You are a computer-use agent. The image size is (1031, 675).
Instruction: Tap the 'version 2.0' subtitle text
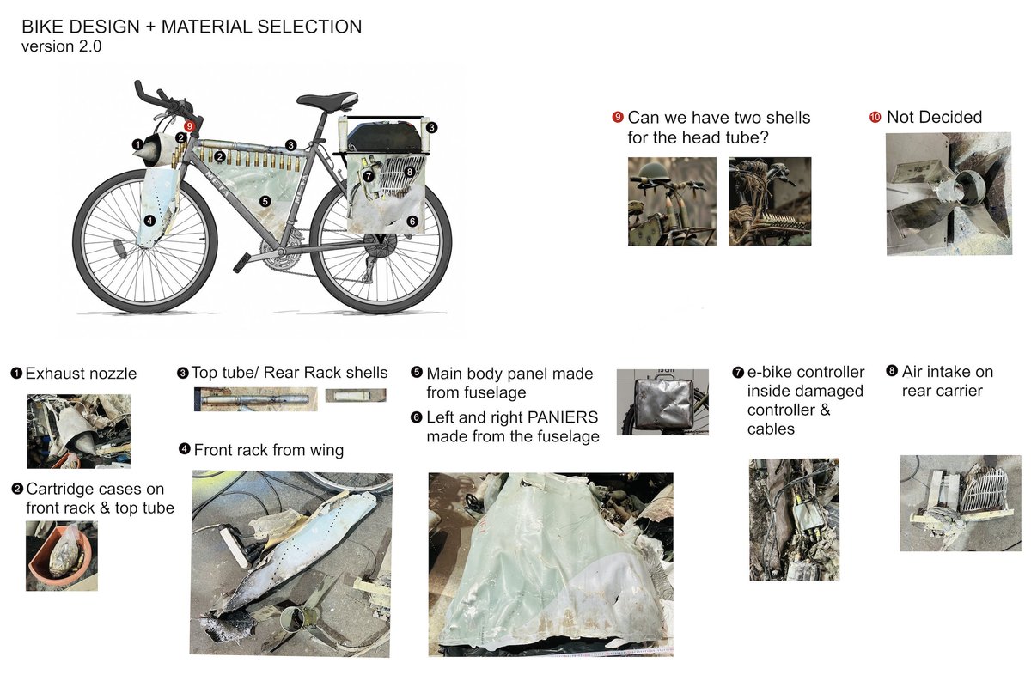(62, 47)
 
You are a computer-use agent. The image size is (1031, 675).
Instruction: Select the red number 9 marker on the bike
(190, 126)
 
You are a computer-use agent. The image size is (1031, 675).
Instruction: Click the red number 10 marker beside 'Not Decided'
(875, 117)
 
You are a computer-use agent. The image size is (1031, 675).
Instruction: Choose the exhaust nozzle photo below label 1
(78, 430)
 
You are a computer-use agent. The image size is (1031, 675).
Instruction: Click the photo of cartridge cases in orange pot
(61, 556)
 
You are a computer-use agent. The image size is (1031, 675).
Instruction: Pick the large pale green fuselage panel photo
(550, 563)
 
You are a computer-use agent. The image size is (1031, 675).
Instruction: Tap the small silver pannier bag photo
(662, 403)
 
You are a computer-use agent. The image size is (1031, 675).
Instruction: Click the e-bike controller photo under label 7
(793, 519)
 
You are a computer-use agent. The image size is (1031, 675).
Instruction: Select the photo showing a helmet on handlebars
(672, 201)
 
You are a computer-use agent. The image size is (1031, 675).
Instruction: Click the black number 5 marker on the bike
(265, 201)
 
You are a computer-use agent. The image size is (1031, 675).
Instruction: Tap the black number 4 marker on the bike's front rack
(150, 221)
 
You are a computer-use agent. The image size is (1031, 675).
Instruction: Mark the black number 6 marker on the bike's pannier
(412, 221)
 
